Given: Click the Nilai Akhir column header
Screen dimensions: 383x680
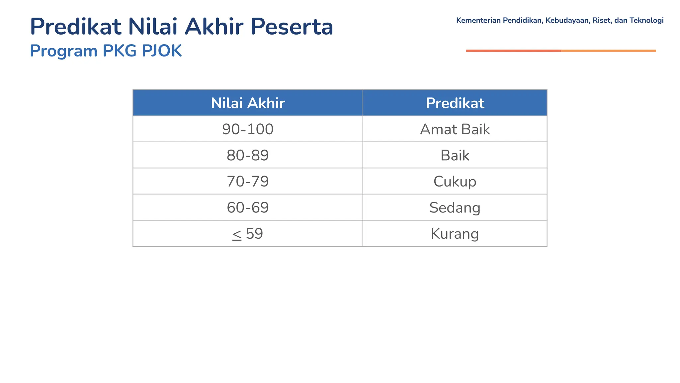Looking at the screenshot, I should click(x=248, y=103).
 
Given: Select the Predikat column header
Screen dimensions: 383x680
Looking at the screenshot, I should click(x=455, y=103).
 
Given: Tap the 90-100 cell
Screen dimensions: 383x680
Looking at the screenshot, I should click(x=248, y=129).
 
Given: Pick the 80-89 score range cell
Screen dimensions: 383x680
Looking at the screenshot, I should click(x=248, y=155).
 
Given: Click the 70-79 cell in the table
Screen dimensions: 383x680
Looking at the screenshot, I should click(x=248, y=181).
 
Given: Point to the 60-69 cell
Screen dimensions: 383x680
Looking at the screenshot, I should click(x=248, y=207).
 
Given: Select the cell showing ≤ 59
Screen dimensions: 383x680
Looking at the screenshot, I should click(x=248, y=233).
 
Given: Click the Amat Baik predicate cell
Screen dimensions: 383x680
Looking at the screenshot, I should click(x=455, y=129).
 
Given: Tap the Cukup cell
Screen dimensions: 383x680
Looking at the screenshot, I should click(x=455, y=181).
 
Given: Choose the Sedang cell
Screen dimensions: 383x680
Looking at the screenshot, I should click(x=455, y=207).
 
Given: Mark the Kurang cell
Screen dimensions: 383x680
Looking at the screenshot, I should click(x=455, y=233).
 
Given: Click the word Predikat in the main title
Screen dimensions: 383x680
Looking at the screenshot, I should click(x=76, y=27).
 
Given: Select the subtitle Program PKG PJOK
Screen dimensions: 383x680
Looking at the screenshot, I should click(x=106, y=51).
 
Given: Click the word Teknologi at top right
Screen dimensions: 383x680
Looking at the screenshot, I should click(x=646, y=20).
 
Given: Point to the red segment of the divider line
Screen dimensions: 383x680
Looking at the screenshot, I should click(x=513, y=51).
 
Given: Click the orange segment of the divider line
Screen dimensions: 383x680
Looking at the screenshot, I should click(x=608, y=51).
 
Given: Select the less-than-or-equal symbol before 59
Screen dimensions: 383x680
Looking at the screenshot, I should click(x=237, y=234).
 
